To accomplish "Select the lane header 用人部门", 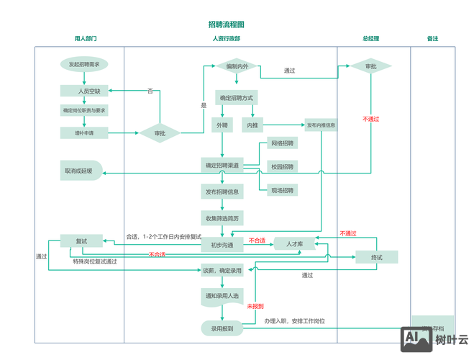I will (86, 39).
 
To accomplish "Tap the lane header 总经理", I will (370, 39).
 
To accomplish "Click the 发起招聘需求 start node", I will (84, 65).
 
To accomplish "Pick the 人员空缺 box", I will (84, 91).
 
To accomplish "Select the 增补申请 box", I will (84, 132).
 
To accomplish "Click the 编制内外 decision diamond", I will (237, 66).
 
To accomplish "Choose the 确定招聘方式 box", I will (236, 98).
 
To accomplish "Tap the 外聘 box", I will (222, 125).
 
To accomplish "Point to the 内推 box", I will (252, 125).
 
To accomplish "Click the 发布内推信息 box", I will (321, 125).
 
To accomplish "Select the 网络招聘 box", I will (282, 144).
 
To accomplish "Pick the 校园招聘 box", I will (282, 167).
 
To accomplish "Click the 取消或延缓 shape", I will (81, 171).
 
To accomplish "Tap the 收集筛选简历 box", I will (222, 218).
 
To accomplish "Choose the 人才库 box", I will (295, 244).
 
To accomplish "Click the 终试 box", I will (376, 257).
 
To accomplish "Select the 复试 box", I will (81, 241).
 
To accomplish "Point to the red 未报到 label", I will (255, 307).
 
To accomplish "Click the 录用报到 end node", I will (222, 328).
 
